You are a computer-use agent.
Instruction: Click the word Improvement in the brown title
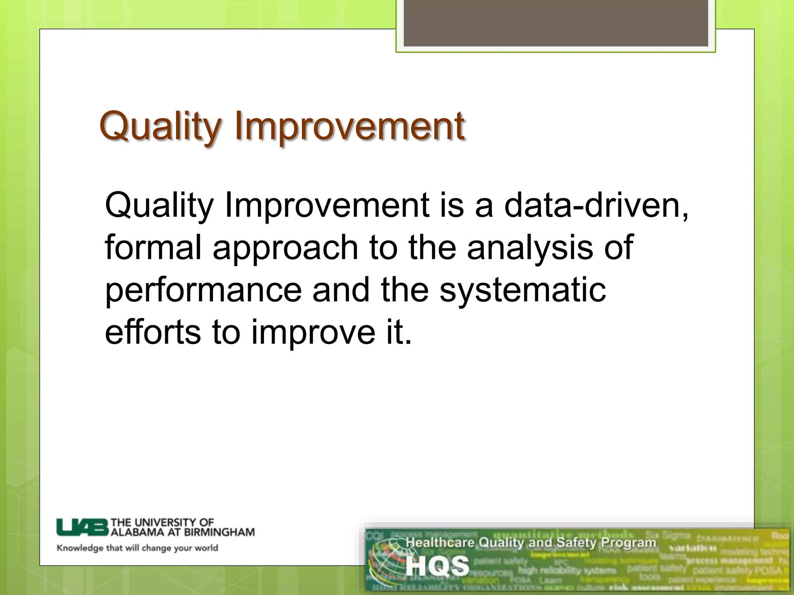(x=349, y=127)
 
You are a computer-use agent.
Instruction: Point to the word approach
(x=285, y=248)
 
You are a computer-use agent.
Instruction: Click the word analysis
(x=530, y=248)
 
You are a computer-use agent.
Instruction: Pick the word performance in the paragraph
(x=203, y=291)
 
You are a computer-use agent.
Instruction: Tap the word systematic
(x=522, y=291)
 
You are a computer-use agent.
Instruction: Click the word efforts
(x=153, y=332)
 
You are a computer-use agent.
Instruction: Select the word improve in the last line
(x=313, y=333)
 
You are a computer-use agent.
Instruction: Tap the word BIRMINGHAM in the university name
(x=219, y=532)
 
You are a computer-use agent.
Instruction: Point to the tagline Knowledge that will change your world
(x=137, y=548)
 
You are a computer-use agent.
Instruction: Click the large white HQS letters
(x=437, y=566)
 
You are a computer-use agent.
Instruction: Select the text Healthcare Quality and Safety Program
(x=530, y=543)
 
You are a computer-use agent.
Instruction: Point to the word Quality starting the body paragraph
(x=159, y=205)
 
